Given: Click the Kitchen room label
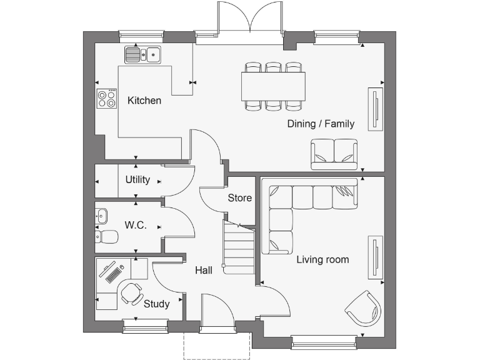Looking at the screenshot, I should pyautogui.click(x=144, y=101).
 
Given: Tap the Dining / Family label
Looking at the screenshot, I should pyautogui.click(x=321, y=124).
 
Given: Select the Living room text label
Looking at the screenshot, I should pyautogui.click(x=322, y=259).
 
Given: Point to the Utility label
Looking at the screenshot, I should pyautogui.click(x=137, y=180).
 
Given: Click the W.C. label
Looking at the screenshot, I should pyautogui.click(x=136, y=225).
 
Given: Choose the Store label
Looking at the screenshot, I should pyautogui.click(x=239, y=198).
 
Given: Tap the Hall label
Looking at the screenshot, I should pyautogui.click(x=203, y=271).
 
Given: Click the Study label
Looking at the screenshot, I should pyautogui.click(x=156, y=304).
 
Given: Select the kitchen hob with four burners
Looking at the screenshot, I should pyautogui.click(x=107, y=98).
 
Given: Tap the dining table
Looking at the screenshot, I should pyautogui.click(x=274, y=86).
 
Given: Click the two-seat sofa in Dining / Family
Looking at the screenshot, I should pyautogui.click(x=334, y=154).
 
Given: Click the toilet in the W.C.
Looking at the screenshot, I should pyautogui.click(x=107, y=237).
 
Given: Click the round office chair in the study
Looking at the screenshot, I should pyautogui.click(x=132, y=292).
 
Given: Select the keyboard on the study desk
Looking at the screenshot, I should pyautogui.click(x=113, y=273).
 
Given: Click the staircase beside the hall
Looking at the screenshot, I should pyautogui.click(x=239, y=249).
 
